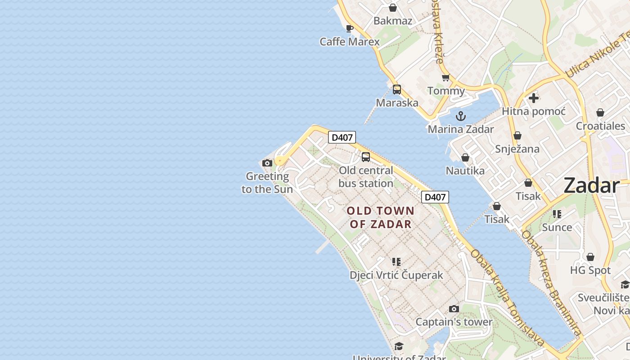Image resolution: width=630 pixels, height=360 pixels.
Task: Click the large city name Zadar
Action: point(591,185)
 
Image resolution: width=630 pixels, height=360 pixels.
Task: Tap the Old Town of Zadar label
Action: point(380,217)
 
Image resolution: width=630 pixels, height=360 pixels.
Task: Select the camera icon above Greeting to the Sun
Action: point(267,163)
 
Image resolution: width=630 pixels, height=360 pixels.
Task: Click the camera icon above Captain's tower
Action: point(454,309)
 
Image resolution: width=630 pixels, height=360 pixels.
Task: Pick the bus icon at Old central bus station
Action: point(366,157)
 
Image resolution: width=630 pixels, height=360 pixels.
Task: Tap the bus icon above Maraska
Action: point(396,90)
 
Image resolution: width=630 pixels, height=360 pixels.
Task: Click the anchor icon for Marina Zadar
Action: point(461,116)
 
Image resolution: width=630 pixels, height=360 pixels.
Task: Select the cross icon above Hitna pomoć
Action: point(534,98)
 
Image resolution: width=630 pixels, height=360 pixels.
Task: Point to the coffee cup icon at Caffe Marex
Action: point(350,29)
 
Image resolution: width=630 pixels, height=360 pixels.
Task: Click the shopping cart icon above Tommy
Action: point(446,77)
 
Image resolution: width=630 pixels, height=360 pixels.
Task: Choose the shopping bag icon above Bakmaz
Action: point(393,8)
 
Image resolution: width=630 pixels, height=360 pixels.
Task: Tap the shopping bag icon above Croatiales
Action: point(600,112)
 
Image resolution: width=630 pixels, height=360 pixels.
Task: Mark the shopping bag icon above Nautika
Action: point(465,157)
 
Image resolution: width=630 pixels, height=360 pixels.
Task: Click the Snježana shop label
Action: point(517,148)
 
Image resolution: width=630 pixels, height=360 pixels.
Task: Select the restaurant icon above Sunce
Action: point(557,214)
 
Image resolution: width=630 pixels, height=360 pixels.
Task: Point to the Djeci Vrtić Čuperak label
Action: point(396,275)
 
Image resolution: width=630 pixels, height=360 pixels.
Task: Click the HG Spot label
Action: point(590,270)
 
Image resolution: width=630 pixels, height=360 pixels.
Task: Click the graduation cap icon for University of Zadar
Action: point(399,346)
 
